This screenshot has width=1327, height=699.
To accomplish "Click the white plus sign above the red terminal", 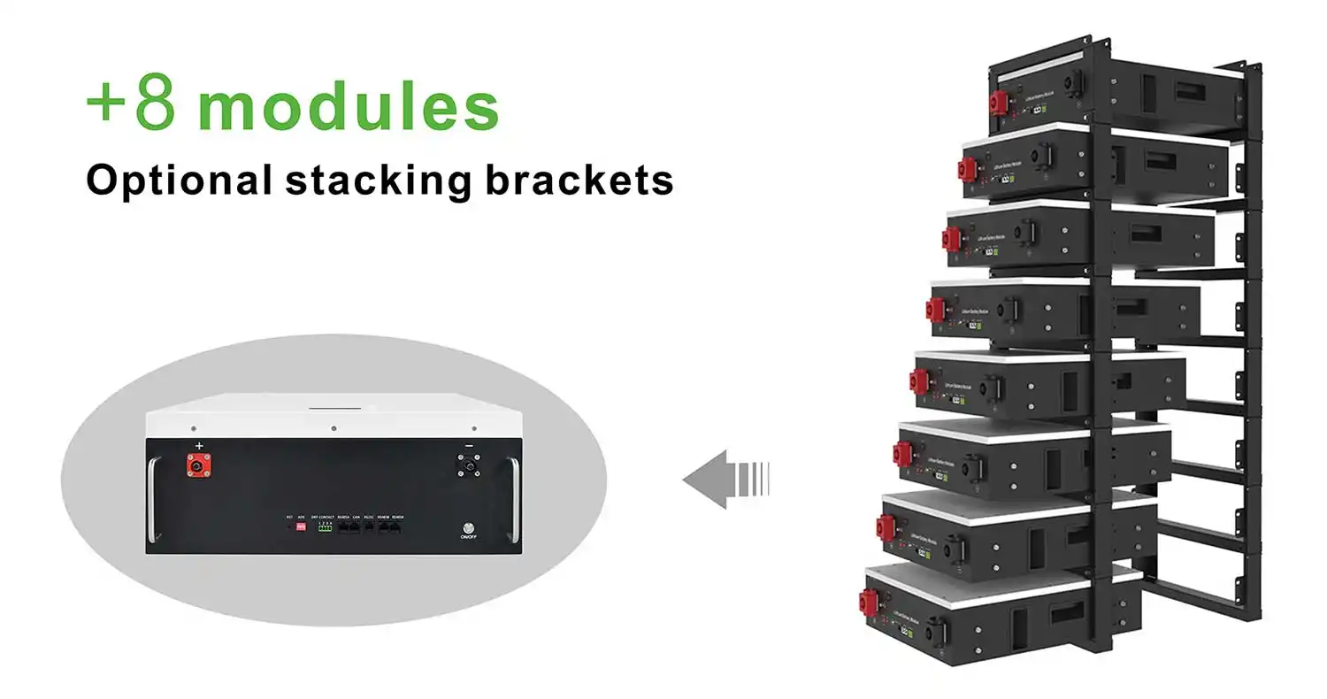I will (199, 445).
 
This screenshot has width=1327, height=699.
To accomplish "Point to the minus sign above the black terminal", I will (469, 445).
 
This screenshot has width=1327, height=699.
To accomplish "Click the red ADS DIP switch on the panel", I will (302, 527).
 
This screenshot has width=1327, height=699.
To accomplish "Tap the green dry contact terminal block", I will (325, 527).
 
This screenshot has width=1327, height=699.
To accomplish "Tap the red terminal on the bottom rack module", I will (868, 601).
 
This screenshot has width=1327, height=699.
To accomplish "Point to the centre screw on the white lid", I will (334, 428).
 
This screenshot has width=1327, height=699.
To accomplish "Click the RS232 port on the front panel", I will (369, 527).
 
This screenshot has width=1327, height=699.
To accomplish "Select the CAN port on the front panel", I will (356, 527).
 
